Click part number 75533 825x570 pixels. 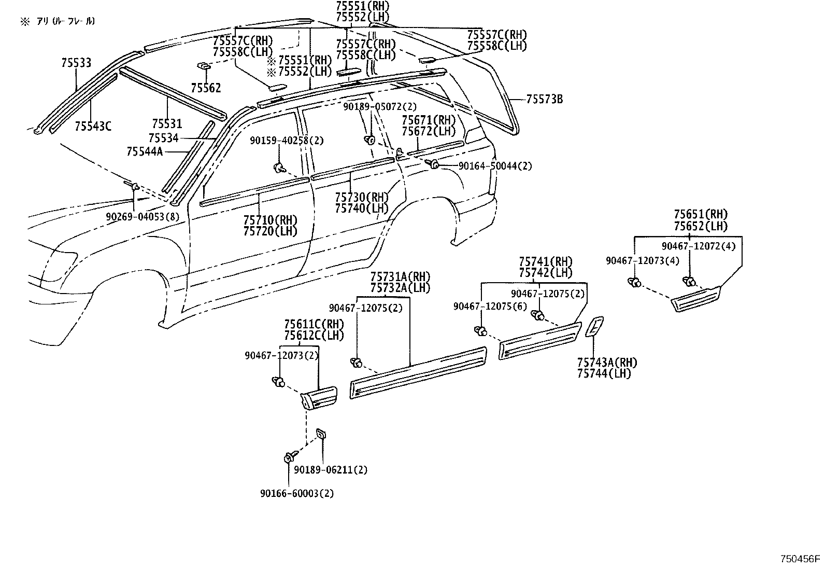point(76,63)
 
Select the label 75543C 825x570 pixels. point(93,126)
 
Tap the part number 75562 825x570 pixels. point(206,88)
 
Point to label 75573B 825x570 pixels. point(544,100)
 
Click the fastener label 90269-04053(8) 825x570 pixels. point(143,217)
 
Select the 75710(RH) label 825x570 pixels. point(270,220)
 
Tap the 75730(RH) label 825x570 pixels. point(361,197)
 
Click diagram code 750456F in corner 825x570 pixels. point(801,559)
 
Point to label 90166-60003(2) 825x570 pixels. point(297,493)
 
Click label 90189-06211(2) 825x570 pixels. point(331,470)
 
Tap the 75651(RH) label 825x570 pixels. point(701,214)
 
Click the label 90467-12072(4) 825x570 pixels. point(698,246)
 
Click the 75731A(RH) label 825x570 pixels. point(400,276)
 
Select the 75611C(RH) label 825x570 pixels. point(314,324)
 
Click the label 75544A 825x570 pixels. point(145,151)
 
